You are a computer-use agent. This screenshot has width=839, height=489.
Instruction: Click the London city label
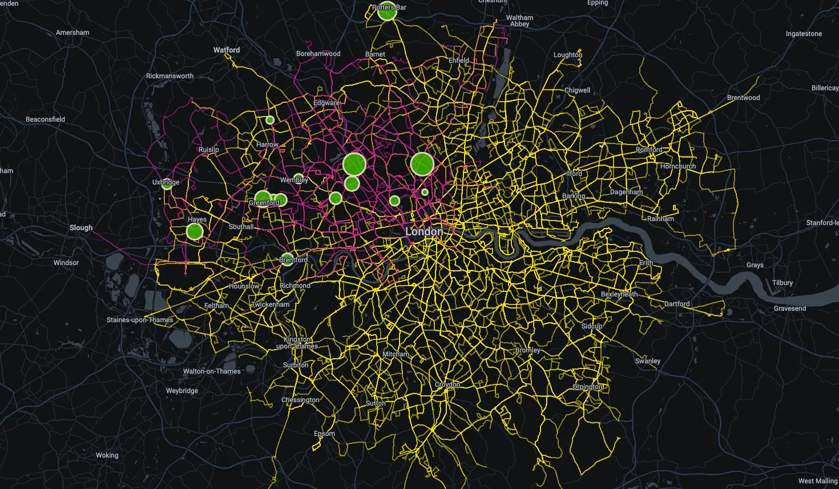click(x=423, y=231)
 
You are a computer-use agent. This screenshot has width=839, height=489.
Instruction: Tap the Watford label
click(x=227, y=50)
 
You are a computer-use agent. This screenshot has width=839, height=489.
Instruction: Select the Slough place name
click(x=81, y=227)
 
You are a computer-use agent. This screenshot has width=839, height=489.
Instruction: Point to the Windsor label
click(x=66, y=263)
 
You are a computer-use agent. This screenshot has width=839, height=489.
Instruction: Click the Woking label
click(x=107, y=455)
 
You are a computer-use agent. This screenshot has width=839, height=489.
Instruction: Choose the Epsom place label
click(x=324, y=434)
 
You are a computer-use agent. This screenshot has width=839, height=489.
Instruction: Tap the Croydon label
click(x=447, y=384)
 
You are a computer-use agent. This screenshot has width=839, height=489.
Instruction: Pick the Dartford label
click(x=677, y=304)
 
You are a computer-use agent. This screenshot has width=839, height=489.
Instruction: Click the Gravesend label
click(x=790, y=308)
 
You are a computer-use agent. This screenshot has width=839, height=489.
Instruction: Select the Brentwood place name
click(x=743, y=98)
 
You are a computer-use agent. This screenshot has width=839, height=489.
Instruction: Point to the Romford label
click(x=649, y=150)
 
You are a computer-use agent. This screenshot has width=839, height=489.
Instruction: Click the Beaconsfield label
click(x=46, y=119)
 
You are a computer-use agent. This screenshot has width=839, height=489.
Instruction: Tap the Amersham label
click(x=72, y=33)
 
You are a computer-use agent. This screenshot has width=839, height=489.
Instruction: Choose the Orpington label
click(x=588, y=387)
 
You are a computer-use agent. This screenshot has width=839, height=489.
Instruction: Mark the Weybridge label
click(x=182, y=391)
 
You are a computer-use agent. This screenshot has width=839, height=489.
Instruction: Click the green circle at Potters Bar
click(x=387, y=12)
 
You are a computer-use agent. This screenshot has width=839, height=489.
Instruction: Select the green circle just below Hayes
click(x=195, y=231)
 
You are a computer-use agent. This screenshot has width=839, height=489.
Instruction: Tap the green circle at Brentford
click(x=287, y=259)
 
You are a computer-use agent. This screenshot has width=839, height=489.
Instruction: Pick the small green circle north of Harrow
click(x=270, y=120)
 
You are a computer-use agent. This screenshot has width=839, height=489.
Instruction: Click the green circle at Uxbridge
click(x=167, y=185)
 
